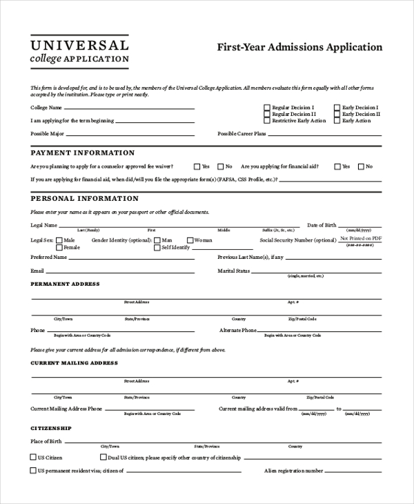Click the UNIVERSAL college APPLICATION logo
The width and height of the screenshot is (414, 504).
[x=79, y=50]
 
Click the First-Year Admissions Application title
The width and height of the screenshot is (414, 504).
[x=299, y=48]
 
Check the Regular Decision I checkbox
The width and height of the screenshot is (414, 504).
[x=267, y=108]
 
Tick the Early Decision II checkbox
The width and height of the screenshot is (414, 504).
[x=337, y=114]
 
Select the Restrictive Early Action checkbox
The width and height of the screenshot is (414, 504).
[x=267, y=121]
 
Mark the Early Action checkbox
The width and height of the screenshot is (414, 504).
[x=337, y=121]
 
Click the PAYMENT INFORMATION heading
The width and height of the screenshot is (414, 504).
[x=83, y=153]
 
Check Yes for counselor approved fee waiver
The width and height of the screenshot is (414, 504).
[x=197, y=166]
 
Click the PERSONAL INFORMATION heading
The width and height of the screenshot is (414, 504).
[x=85, y=199]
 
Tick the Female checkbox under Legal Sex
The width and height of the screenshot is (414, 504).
[x=59, y=247]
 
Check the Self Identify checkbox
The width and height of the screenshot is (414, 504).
[x=157, y=247]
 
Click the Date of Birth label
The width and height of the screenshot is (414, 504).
[x=322, y=225]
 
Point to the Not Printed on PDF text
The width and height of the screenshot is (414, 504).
[x=361, y=238]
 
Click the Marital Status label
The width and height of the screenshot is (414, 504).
[x=234, y=271]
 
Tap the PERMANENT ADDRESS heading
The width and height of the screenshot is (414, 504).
[x=66, y=284]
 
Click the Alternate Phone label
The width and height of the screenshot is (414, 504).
[x=238, y=330]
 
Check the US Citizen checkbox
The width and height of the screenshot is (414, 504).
[x=33, y=457]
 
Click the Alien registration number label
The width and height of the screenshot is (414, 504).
[x=293, y=471]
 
